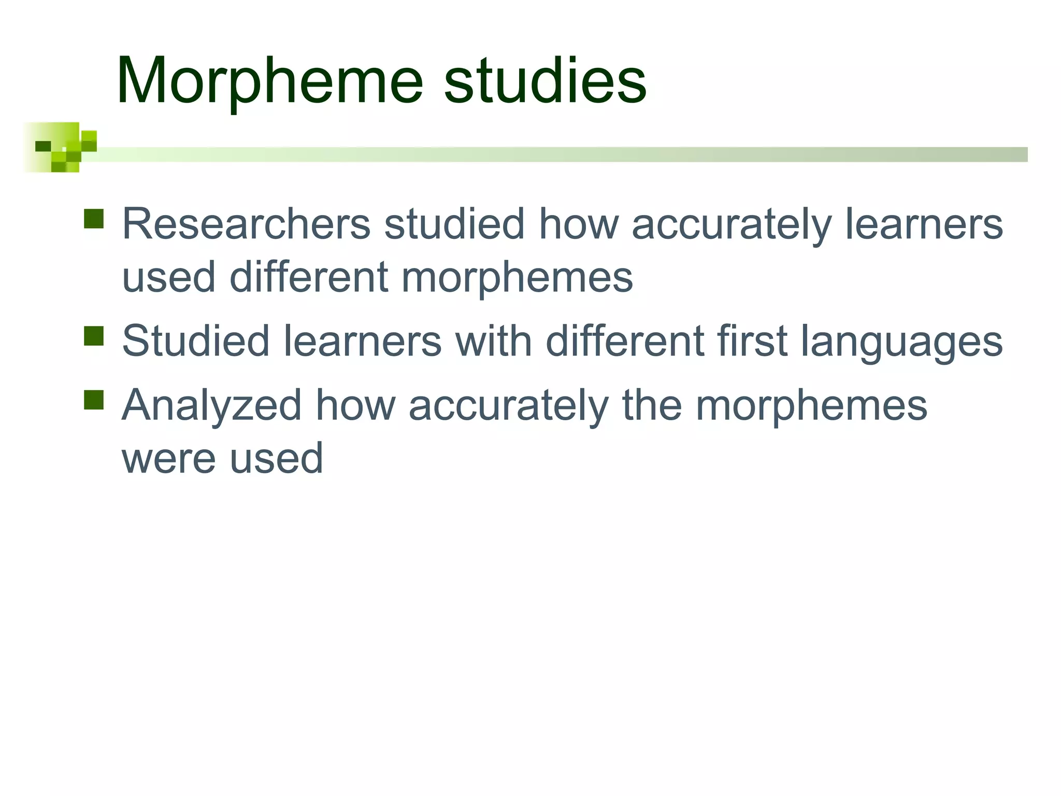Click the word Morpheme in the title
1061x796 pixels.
click(x=270, y=82)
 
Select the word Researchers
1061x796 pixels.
click(x=246, y=224)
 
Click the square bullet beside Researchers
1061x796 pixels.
click(x=94, y=219)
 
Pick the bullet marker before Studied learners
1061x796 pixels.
click(x=94, y=335)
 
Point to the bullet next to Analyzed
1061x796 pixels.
click(x=94, y=400)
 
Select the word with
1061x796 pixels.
click(x=493, y=341)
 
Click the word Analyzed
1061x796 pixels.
click(x=211, y=405)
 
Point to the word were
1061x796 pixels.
click(x=168, y=459)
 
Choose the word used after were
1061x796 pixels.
click(x=277, y=459)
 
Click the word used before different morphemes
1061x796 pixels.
click(x=168, y=277)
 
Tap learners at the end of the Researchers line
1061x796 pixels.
click(x=924, y=224)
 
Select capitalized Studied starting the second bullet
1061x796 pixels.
click(x=196, y=341)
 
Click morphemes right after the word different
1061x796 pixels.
click(x=517, y=277)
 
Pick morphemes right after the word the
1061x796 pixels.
click(x=811, y=405)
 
